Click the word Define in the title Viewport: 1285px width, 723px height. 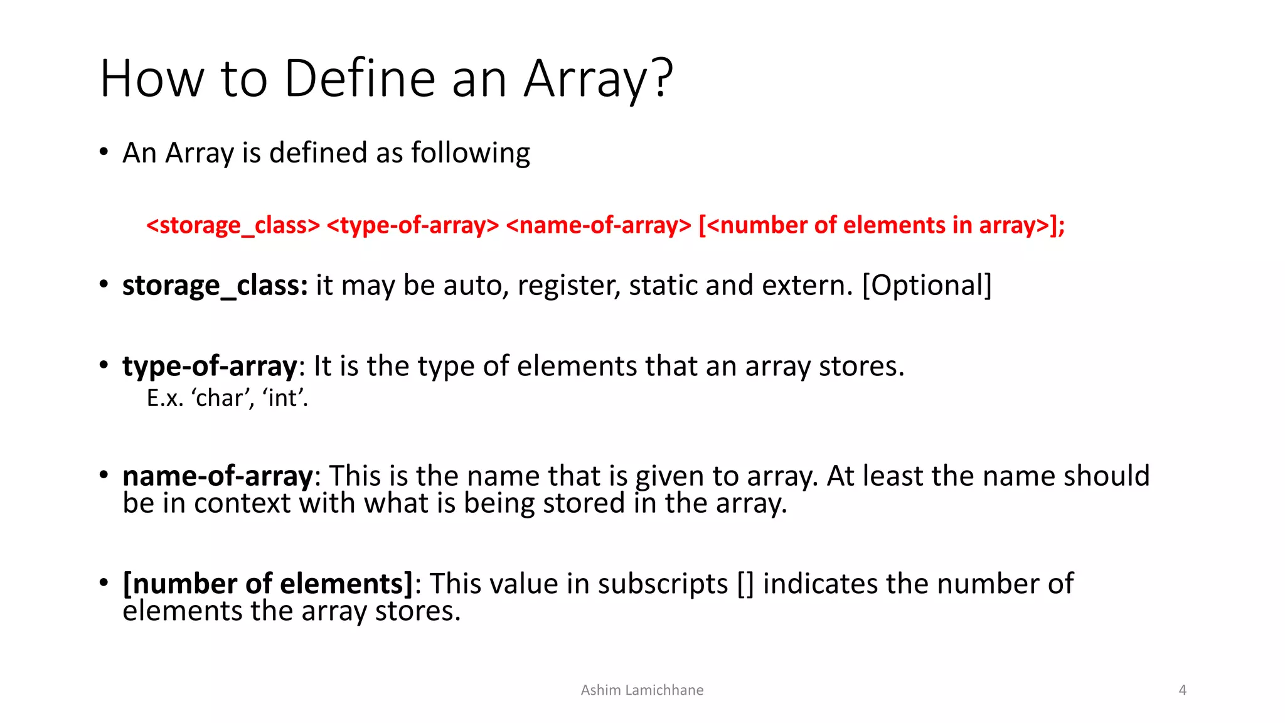pyautogui.click(x=360, y=78)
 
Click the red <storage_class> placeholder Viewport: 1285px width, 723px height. pyautogui.click(x=233, y=225)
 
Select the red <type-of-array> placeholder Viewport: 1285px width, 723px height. pyautogui.click(x=413, y=225)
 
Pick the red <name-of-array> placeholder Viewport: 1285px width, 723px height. pyautogui.click(x=598, y=225)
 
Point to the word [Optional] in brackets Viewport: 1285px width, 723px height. pyautogui.click(x=927, y=286)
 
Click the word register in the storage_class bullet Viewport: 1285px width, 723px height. pyautogui.click(x=569, y=286)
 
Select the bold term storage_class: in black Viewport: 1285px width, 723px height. pyautogui.click(x=215, y=286)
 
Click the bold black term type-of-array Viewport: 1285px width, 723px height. pyautogui.click(x=210, y=367)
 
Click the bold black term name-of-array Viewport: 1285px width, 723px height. pyautogui.click(x=217, y=476)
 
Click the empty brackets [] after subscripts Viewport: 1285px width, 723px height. pyautogui.click(x=745, y=584)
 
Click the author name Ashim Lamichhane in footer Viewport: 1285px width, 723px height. pyautogui.click(x=642, y=690)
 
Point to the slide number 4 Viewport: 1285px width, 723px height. pyautogui.click(x=1182, y=690)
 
